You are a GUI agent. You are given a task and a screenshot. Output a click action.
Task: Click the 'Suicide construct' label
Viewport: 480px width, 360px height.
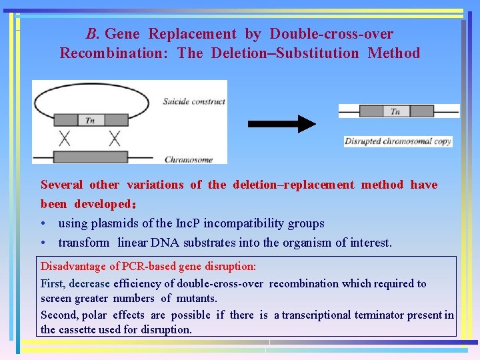pos(194,101)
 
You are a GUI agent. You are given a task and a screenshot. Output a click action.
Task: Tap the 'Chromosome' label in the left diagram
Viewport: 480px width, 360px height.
pos(189,159)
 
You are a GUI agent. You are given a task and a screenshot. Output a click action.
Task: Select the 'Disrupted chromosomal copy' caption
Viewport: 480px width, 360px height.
pos(398,141)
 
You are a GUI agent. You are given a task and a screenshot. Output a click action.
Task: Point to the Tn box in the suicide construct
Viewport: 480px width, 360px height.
pos(91,120)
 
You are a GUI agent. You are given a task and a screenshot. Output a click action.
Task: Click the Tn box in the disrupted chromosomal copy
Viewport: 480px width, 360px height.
pos(395,111)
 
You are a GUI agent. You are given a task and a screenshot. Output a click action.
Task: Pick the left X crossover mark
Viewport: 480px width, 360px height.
pos(65,139)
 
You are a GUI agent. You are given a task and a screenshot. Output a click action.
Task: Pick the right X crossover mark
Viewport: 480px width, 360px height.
pos(115,139)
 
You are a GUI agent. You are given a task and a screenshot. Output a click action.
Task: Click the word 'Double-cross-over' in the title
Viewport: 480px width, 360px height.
pos(331,34)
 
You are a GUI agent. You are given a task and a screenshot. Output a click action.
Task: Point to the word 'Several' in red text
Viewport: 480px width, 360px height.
pos(62,185)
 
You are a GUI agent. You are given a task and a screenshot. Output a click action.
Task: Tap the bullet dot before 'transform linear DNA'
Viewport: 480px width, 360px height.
pos(43,243)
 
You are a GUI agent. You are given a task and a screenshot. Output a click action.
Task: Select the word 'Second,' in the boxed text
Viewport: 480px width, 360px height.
pos(59,315)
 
